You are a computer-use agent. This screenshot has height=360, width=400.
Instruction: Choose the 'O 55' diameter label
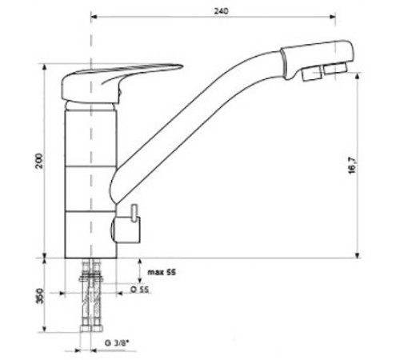[141, 290]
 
